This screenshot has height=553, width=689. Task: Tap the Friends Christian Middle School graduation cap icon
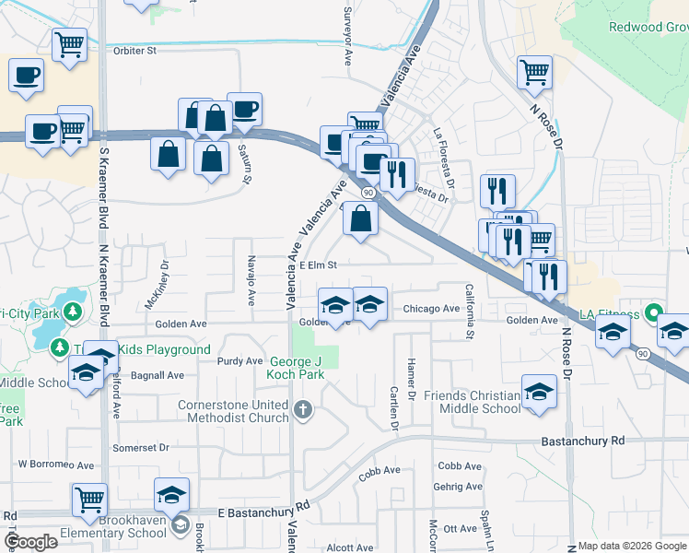point(539,392)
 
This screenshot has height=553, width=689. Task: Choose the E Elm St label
point(321,265)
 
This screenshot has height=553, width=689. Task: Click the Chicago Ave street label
point(430,309)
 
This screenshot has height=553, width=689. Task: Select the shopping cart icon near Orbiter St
point(70,43)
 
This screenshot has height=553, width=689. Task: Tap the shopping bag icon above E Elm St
point(364,219)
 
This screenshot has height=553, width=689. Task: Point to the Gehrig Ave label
point(460,487)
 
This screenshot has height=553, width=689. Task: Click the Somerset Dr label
point(141,447)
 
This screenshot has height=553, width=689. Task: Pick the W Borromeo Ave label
point(56,465)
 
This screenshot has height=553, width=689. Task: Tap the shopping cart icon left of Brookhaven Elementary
point(89,500)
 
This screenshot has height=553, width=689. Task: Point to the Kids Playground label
point(166,350)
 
